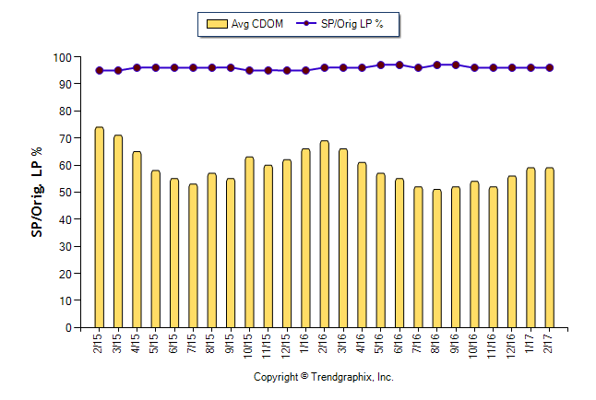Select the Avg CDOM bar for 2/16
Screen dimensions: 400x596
click(324, 234)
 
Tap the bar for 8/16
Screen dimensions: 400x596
click(436, 258)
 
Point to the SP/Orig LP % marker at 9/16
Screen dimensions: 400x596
click(456, 65)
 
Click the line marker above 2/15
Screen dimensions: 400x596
click(99, 70)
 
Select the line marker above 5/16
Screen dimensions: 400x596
click(380, 65)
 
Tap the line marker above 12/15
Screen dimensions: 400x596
click(287, 70)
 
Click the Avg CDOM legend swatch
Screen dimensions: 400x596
click(216, 24)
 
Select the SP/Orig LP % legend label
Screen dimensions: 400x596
click(352, 24)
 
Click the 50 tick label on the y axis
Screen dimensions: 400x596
click(65, 193)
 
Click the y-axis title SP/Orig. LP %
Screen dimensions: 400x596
click(38, 192)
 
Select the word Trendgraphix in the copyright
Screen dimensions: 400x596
click(341, 377)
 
